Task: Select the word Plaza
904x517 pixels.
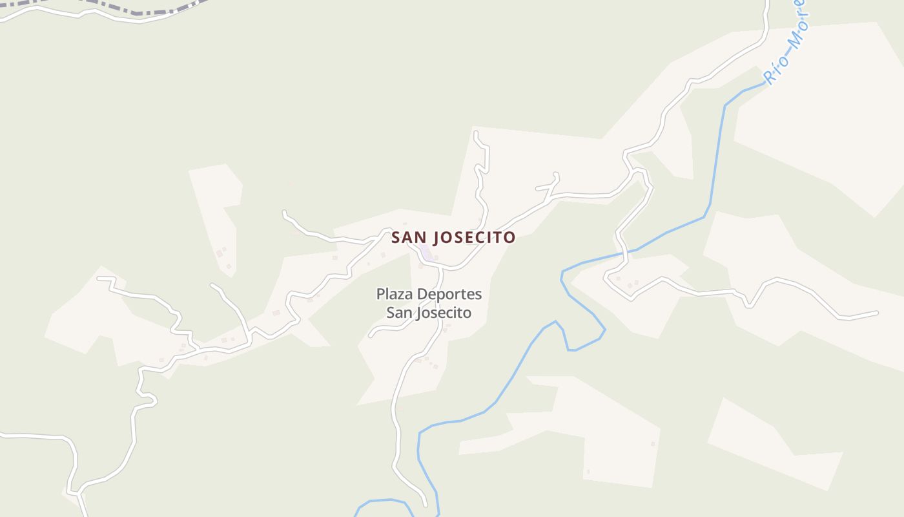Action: point(394,295)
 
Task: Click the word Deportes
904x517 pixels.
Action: point(449,295)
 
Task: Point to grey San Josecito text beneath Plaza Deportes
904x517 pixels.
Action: point(429,313)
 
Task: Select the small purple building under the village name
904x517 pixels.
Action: point(425,252)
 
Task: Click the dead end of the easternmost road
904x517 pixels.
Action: point(877,313)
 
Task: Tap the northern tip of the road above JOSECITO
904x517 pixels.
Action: point(476,133)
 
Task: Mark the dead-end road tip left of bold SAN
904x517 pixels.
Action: point(284,212)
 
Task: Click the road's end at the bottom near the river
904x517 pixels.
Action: point(425,505)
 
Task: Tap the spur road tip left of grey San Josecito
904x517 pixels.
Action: point(370,335)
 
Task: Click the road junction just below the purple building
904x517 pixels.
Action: point(438,266)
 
